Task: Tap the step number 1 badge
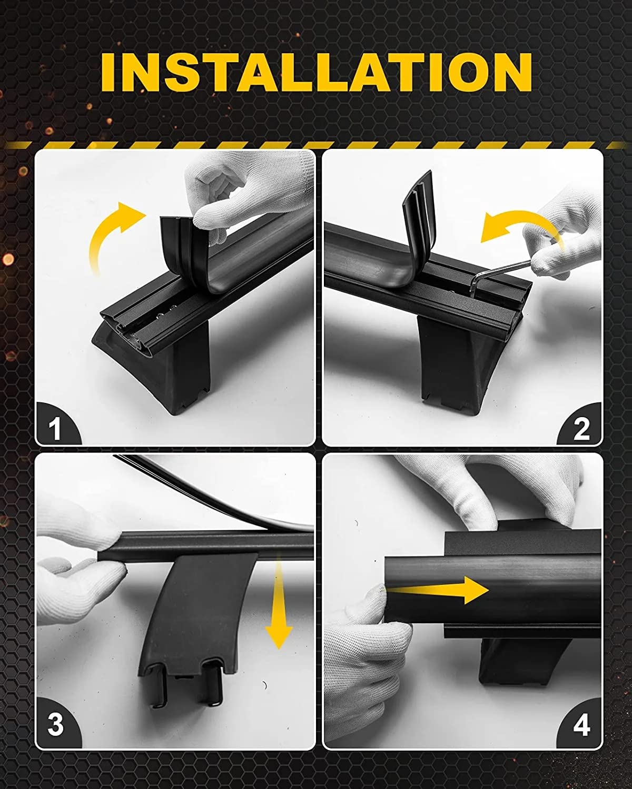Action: point(55,428)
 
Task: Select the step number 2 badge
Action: point(581,428)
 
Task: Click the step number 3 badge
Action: point(55,724)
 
